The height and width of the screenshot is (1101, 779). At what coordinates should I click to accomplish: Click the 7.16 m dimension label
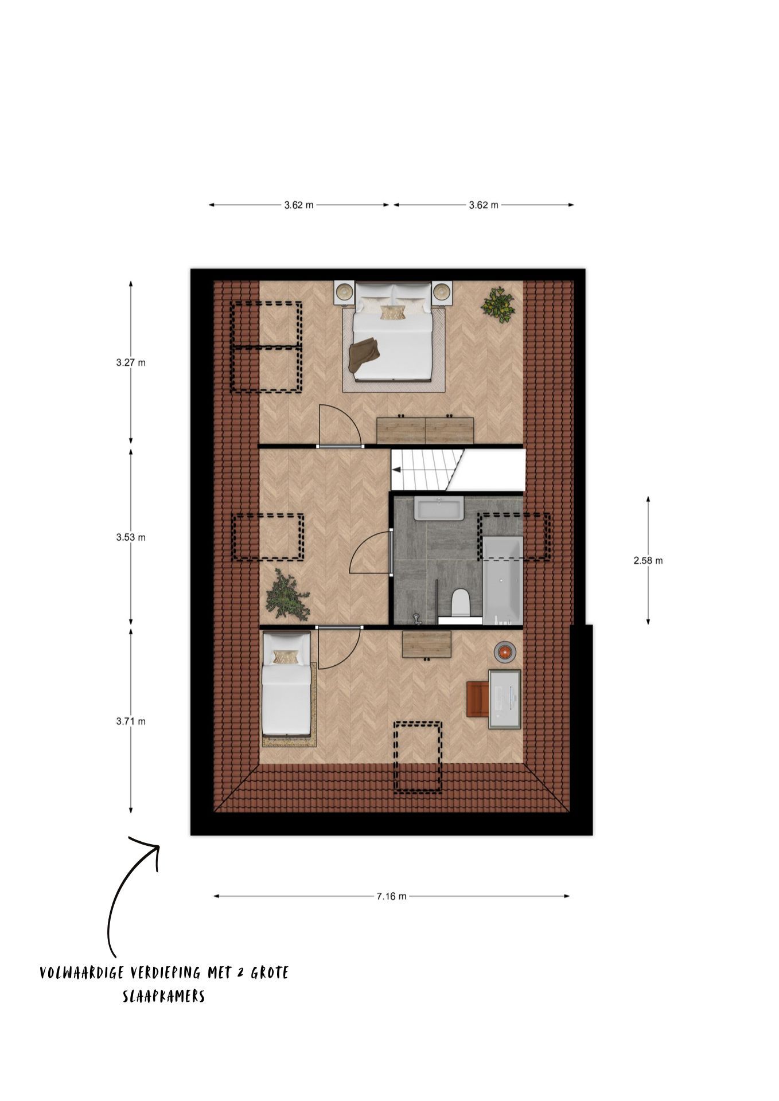(x=391, y=896)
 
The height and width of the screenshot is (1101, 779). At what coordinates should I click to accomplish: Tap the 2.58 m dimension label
(x=648, y=561)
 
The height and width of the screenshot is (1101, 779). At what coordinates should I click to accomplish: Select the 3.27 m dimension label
(x=131, y=362)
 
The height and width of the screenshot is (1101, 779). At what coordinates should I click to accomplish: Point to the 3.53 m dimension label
(x=131, y=537)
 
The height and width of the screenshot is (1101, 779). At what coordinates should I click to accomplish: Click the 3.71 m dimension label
(x=131, y=721)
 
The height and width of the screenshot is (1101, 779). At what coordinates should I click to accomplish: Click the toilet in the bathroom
(x=461, y=603)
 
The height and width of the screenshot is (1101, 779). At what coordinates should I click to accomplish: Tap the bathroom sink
(x=439, y=509)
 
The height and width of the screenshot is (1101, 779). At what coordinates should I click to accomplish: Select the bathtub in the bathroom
(x=503, y=580)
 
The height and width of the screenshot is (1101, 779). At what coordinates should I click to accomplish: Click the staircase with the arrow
(x=427, y=470)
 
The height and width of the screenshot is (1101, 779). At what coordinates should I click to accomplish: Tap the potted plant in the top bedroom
(x=497, y=304)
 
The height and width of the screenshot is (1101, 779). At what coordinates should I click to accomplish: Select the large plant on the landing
(x=286, y=595)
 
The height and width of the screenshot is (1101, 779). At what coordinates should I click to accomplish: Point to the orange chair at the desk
(x=476, y=698)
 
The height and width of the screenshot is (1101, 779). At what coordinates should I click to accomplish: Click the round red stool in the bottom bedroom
(x=505, y=652)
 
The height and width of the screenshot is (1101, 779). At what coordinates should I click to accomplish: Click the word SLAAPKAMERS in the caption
(x=163, y=997)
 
